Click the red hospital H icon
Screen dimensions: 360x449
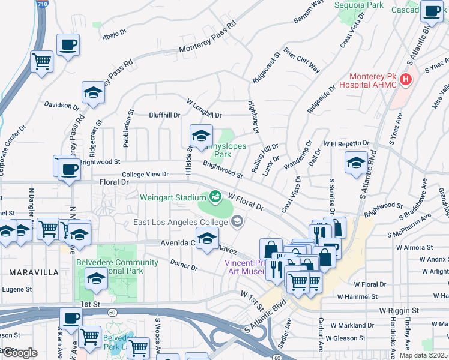pyautogui.click(x=406, y=79)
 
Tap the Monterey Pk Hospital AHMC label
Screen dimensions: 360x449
pyautogui.click(x=373, y=80)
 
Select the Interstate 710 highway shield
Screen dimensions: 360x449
pyautogui.click(x=40, y=4)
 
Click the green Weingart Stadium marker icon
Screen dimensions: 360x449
pyautogui.click(x=214, y=196)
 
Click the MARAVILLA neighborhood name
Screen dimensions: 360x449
pyautogui.click(x=34, y=272)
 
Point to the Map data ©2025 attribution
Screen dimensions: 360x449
pyautogui.click(x=423, y=355)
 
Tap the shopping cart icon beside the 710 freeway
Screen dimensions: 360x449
pyautogui.click(x=42, y=61)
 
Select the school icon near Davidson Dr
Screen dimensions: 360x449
pyautogui.click(x=93, y=93)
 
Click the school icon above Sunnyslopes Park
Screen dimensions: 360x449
pyautogui.click(x=201, y=135)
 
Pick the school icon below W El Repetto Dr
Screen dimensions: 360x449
pyautogui.click(x=356, y=163)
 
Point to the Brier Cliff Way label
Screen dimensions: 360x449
pyautogui.click(x=303, y=61)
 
